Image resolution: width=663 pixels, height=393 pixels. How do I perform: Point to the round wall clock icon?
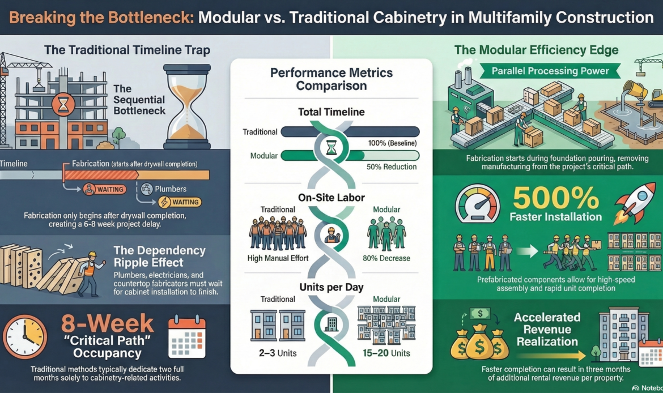click(x=25, y=336)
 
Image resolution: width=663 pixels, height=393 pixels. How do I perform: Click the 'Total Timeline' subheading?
click(x=331, y=112)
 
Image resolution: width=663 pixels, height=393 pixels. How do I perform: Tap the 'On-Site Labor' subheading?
click(x=331, y=198)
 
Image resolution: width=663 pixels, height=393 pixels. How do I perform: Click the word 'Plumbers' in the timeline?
click(x=171, y=189)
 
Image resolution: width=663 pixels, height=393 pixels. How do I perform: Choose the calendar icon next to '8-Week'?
click(x=187, y=336)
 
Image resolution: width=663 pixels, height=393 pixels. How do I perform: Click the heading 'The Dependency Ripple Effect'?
click(x=159, y=257)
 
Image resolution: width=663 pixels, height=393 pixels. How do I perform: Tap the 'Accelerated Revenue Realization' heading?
click(x=547, y=329)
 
